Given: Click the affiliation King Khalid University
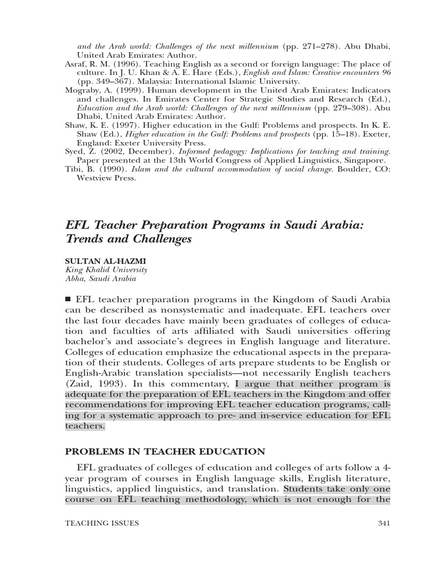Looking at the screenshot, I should [106, 270].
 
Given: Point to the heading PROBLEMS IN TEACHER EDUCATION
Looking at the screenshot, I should [165, 452].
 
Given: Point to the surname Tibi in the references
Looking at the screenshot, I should [74, 170].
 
